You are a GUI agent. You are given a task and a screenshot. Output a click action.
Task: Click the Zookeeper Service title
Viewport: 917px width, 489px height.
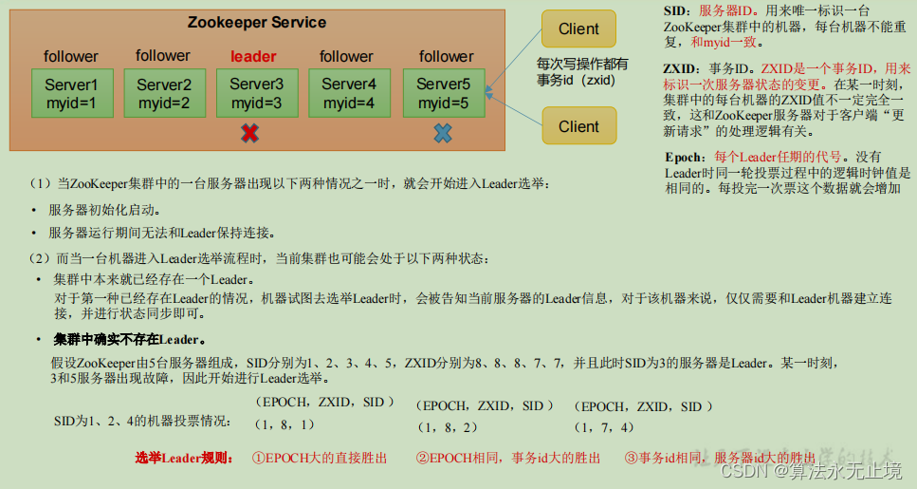pyautogui.click(x=256, y=22)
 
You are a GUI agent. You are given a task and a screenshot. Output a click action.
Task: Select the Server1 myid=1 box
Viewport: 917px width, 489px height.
pyautogui.click(x=71, y=93)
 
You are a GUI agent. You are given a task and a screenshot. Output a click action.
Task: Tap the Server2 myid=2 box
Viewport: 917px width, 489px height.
pyautogui.click(x=163, y=93)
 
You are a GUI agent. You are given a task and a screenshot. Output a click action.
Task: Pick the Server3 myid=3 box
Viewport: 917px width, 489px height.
pyautogui.click(x=256, y=93)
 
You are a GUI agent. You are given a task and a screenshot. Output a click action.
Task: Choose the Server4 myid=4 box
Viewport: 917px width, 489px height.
pyautogui.click(x=348, y=93)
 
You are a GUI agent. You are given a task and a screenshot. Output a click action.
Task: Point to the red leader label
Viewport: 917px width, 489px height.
pyautogui.click(x=254, y=57)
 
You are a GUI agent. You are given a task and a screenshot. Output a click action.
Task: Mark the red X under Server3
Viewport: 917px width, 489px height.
pyautogui.click(x=249, y=134)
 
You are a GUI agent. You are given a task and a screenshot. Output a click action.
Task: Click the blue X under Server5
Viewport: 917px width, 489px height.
pyautogui.click(x=442, y=134)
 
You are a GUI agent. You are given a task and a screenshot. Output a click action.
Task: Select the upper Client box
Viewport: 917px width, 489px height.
pyautogui.click(x=578, y=29)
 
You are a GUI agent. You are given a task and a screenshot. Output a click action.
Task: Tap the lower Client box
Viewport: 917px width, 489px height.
pyautogui.click(x=578, y=126)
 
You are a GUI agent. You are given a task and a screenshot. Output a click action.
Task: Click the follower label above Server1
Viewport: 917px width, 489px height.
pyautogui.click(x=71, y=57)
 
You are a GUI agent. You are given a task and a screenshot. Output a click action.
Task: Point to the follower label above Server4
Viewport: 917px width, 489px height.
pyautogui.click(x=346, y=57)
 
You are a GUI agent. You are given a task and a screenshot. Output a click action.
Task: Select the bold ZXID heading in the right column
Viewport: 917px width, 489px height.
pyautogui.click(x=680, y=68)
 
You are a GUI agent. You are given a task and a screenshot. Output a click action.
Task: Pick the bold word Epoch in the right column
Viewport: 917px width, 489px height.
pyautogui.click(x=685, y=157)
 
